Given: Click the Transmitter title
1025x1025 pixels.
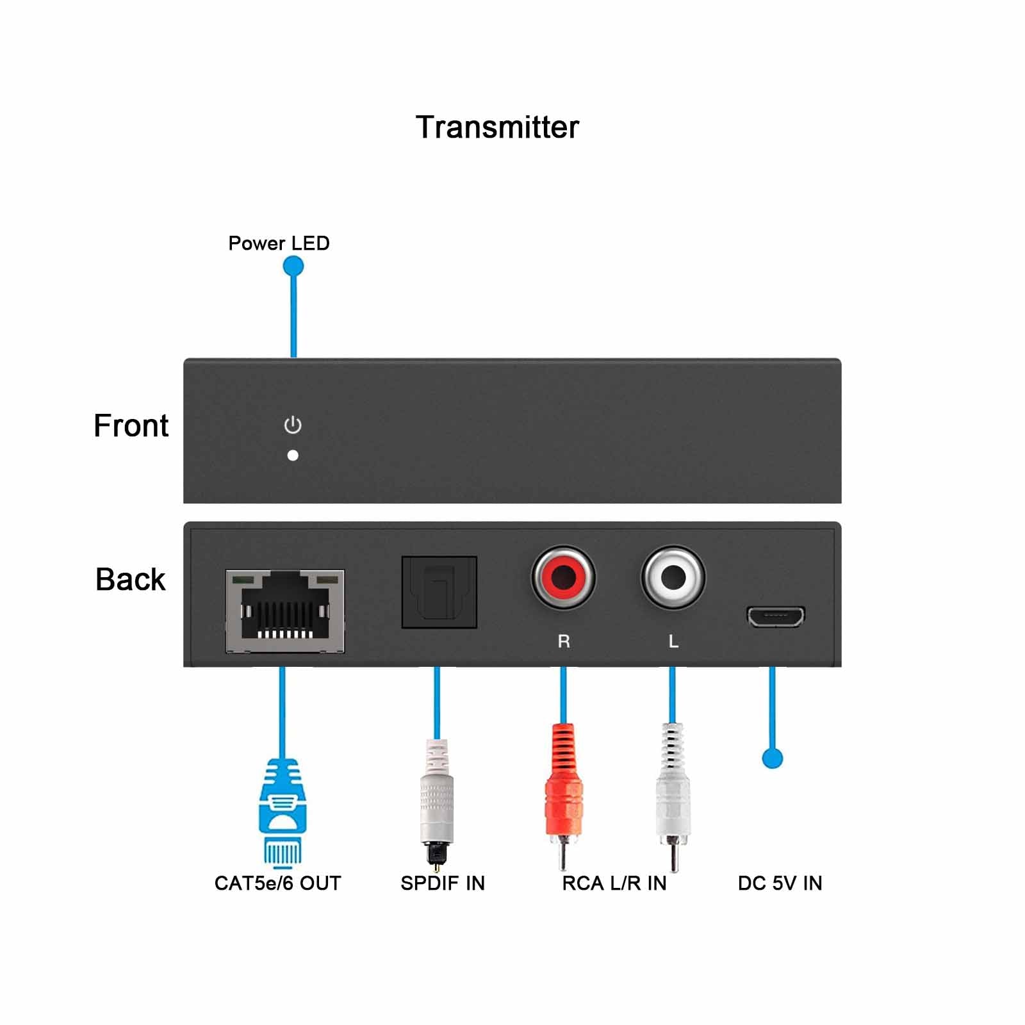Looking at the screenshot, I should coord(497,127).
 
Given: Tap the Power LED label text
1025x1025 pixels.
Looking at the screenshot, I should coord(279,243).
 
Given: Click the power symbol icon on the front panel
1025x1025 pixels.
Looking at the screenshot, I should coord(293,425).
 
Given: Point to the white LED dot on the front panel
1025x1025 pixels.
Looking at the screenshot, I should coord(293,455).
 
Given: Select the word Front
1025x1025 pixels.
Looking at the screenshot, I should coord(131,426).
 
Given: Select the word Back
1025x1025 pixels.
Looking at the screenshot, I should coord(130,580).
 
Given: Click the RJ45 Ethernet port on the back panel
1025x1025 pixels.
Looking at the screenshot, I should coord(285,611).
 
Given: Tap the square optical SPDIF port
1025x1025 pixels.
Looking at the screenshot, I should coord(439,592).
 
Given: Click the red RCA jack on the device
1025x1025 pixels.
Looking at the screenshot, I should coord(563,577).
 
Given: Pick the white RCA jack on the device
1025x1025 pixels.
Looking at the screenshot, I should coord(673,577).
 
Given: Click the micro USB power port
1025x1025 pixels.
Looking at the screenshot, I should coord(775,616).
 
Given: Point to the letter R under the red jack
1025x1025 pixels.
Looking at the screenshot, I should coord(564,641).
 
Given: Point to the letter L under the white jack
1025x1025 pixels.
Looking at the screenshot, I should coord(673,641).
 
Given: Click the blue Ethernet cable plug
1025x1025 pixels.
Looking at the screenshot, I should coord(282,810).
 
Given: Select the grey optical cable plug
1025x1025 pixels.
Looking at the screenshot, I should coord(436,804).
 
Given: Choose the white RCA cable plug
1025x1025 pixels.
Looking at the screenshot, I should coord(673,794).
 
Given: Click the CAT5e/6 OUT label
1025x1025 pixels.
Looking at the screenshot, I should coord(277,883).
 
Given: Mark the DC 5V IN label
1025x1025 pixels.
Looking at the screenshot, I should coord(780,883).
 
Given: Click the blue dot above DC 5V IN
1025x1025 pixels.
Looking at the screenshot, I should coord(773,758).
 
